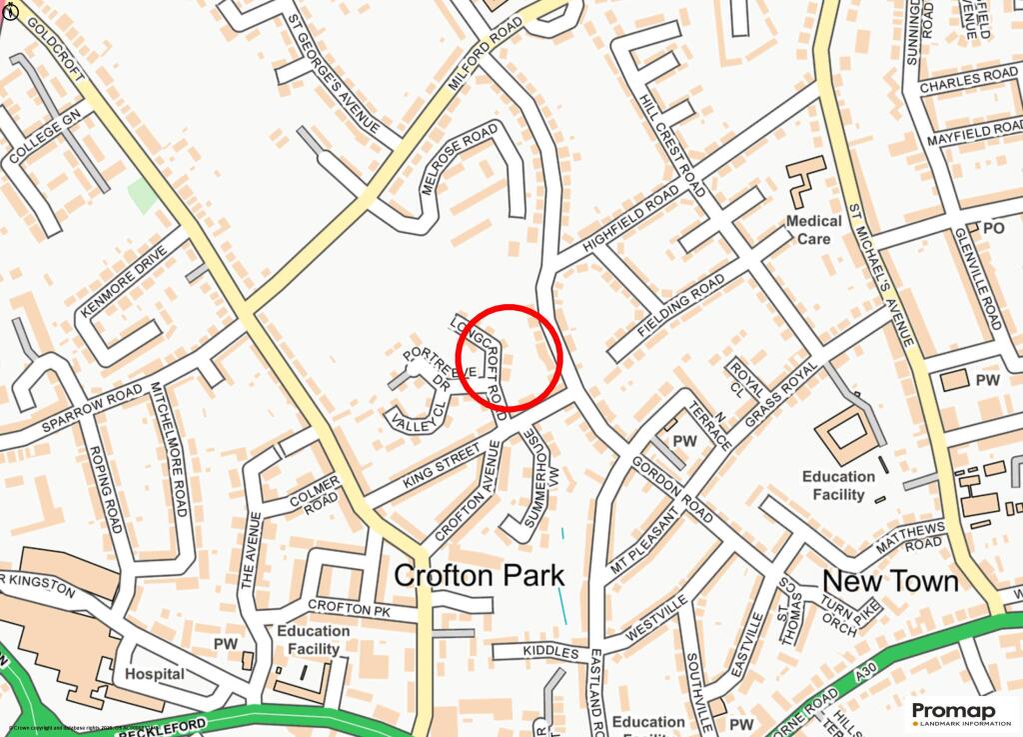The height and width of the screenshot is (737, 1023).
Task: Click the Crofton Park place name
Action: pyautogui.click(x=480, y=576)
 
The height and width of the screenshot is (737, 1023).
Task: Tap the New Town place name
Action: pyautogui.click(x=889, y=581)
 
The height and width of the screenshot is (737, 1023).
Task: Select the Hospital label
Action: pyautogui.click(x=155, y=674)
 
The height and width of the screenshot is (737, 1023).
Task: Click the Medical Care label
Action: pyautogui.click(x=813, y=230)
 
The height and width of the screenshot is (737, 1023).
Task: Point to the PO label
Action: pyautogui.click(x=993, y=228)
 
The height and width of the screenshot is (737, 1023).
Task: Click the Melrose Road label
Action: pyautogui.click(x=460, y=159)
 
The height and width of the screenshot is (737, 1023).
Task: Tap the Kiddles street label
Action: pyautogui.click(x=550, y=653)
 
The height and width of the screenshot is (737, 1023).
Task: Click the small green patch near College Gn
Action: pyautogui.click(x=142, y=195)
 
